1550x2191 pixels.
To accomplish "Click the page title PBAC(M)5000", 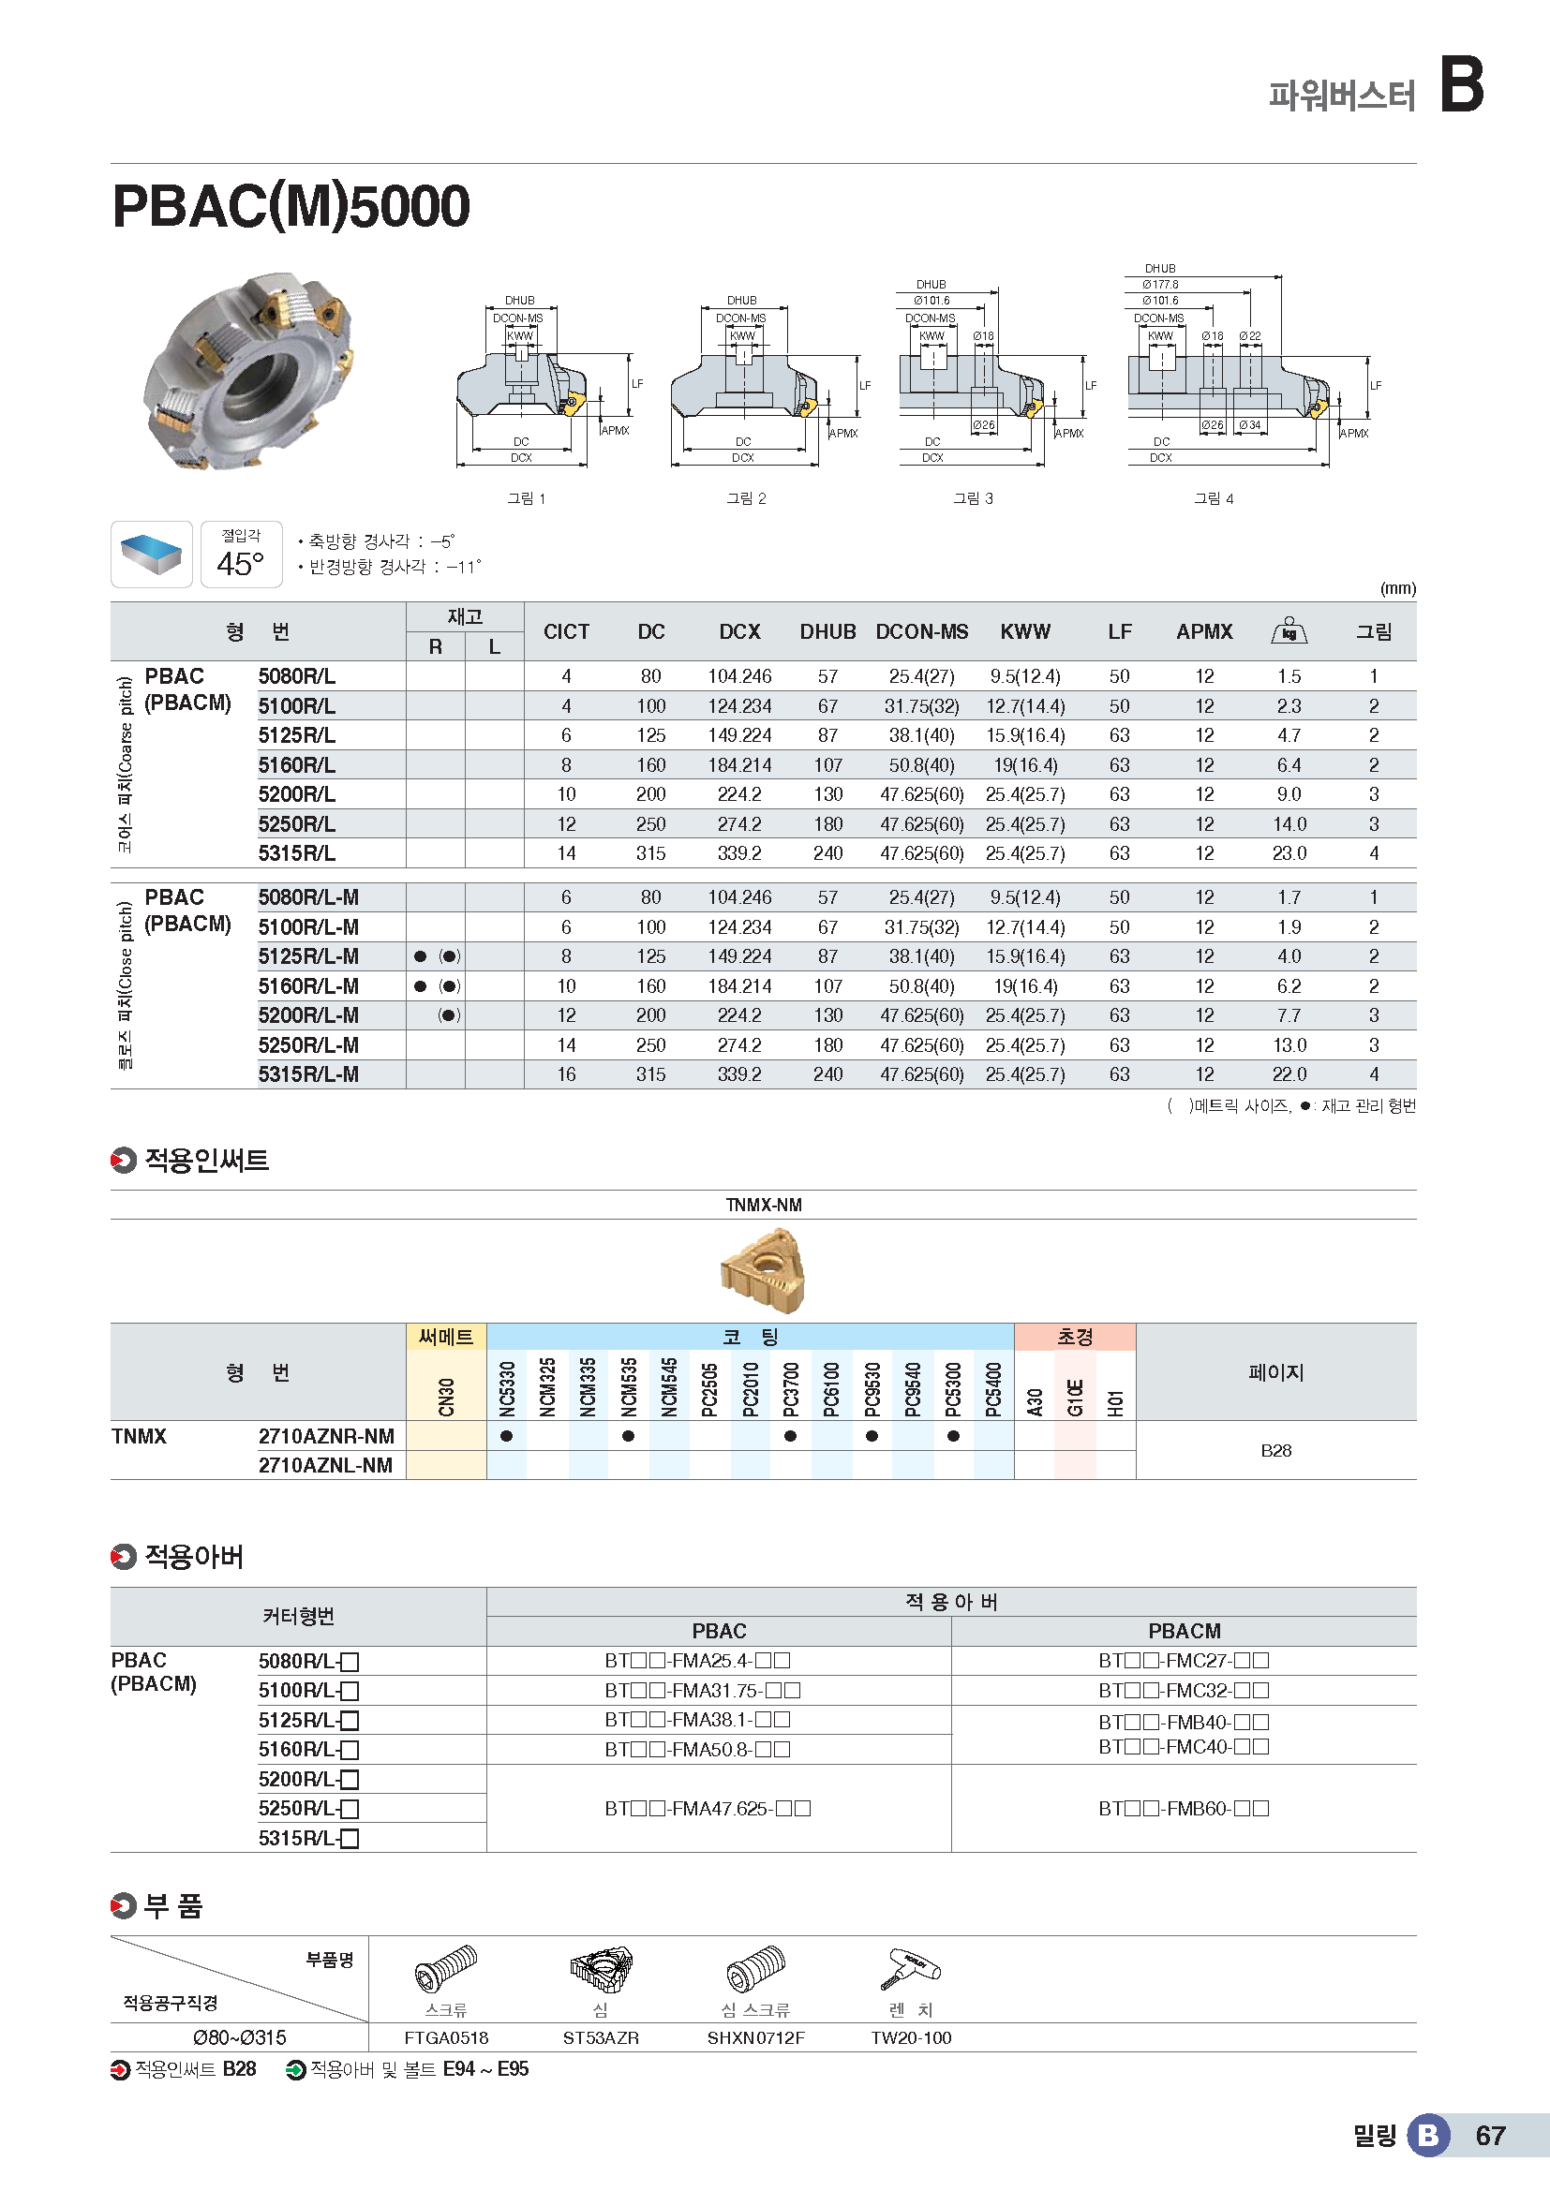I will [x=291, y=206].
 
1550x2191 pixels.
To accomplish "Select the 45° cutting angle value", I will [x=241, y=563].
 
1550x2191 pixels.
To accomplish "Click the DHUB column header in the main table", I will [x=827, y=631].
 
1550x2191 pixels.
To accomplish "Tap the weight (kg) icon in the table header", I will [x=1289, y=630].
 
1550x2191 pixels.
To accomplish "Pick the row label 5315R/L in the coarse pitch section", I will [x=297, y=853].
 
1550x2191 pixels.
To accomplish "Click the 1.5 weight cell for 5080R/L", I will [x=1289, y=676].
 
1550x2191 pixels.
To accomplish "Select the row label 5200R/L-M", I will [x=308, y=1015].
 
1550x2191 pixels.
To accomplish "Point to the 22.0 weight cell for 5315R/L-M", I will [x=1289, y=1074].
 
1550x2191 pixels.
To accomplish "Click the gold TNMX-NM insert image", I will [x=763, y=1270].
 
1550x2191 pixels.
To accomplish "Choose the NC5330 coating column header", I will [x=507, y=1387].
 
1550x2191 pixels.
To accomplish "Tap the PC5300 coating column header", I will [x=952, y=1387].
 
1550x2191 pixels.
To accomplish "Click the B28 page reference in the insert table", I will [x=1275, y=1450].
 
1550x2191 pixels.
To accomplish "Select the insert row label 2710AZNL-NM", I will [x=325, y=1466].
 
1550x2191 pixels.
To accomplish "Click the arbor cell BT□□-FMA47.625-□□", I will [x=708, y=1808].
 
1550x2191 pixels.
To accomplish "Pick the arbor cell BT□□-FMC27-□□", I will [x=1184, y=1662].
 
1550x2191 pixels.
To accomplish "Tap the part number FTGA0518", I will [x=446, y=2038].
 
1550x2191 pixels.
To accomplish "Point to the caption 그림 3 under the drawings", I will [x=973, y=498].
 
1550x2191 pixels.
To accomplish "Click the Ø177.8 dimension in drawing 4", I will [x=1159, y=285].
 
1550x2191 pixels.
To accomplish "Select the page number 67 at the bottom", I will [x=1490, y=2136].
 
